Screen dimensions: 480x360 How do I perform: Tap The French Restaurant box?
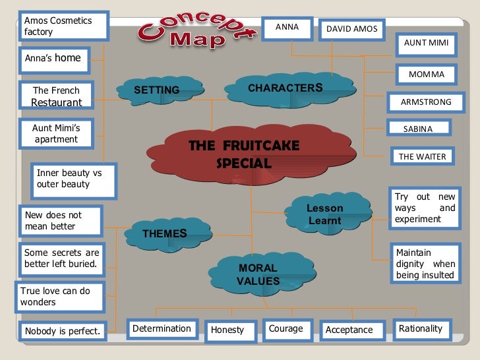pyautogui.click(x=57, y=96)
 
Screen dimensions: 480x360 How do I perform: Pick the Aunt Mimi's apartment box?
pyautogui.click(x=56, y=134)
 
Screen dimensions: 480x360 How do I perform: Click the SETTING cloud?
pyautogui.click(x=157, y=90)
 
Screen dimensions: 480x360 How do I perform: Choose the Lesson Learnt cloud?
pyautogui.click(x=324, y=214)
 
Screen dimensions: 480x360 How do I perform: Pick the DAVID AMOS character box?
pyautogui.click(x=352, y=29)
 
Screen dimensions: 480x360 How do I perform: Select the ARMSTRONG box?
pyautogui.click(x=425, y=102)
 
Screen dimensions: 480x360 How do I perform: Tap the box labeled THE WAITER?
pyautogui.click(x=422, y=156)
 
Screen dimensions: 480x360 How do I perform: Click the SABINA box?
pyautogui.click(x=417, y=129)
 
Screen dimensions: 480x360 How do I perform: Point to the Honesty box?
pyautogui.click(x=227, y=330)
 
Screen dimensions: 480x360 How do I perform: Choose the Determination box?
pyautogui.click(x=162, y=328)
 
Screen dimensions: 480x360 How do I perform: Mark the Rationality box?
pyautogui.click(x=421, y=328)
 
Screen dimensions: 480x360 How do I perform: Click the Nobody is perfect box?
pyautogui.click(x=62, y=330)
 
